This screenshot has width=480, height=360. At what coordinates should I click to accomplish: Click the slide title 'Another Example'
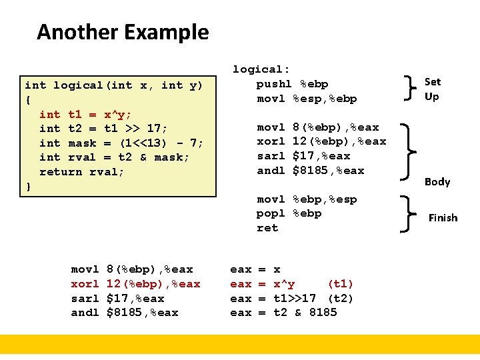(x=123, y=32)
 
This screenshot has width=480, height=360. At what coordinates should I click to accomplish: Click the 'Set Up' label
(x=432, y=89)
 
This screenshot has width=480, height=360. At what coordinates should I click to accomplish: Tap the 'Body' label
(x=437, y=181)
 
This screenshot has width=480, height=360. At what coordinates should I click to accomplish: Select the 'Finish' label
(x=443, y=217)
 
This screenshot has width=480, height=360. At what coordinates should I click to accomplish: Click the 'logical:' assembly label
(x=261, y=69)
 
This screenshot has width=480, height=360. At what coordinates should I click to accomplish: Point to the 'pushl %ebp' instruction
(x=292, y=84)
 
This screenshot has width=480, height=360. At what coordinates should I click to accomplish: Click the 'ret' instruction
(x=267, y=228)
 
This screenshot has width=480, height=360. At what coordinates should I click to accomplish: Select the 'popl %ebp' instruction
(x=289, y=213)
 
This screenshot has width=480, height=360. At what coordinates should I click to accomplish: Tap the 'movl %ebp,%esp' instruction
(x=307, y=199)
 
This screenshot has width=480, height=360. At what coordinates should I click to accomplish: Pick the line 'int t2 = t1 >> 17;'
(x=103, y=129)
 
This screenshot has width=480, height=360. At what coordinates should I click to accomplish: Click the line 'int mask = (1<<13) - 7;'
(x=121, y=143)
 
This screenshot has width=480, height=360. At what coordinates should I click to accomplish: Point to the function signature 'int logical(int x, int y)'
(x=113, y=85)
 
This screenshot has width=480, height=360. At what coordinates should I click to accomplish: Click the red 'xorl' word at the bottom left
(x=85, y=284)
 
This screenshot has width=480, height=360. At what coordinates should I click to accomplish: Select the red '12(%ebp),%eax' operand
(x=153, y=284)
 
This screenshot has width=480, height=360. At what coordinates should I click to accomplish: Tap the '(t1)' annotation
(x=341, y=284)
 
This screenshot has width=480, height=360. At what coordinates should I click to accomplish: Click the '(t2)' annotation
(x=341, y=298)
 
